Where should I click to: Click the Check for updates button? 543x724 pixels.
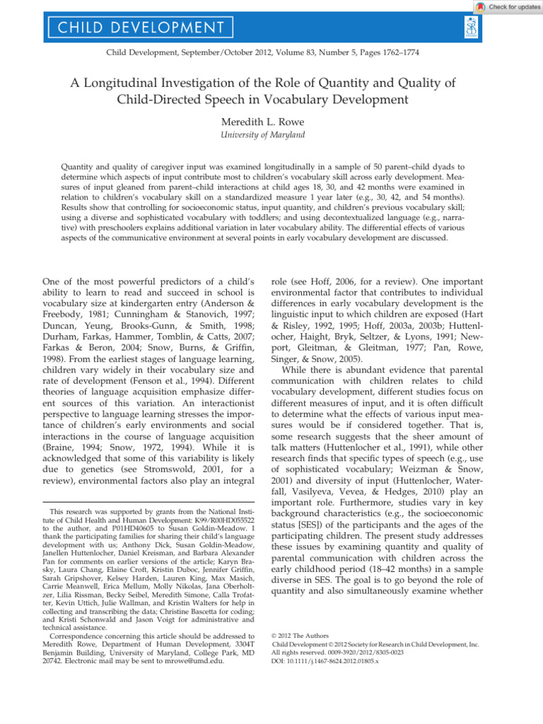click(507, 6)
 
